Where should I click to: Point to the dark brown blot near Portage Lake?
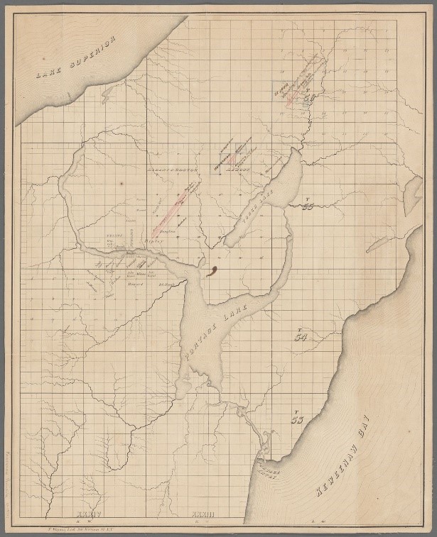[210, 270]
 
